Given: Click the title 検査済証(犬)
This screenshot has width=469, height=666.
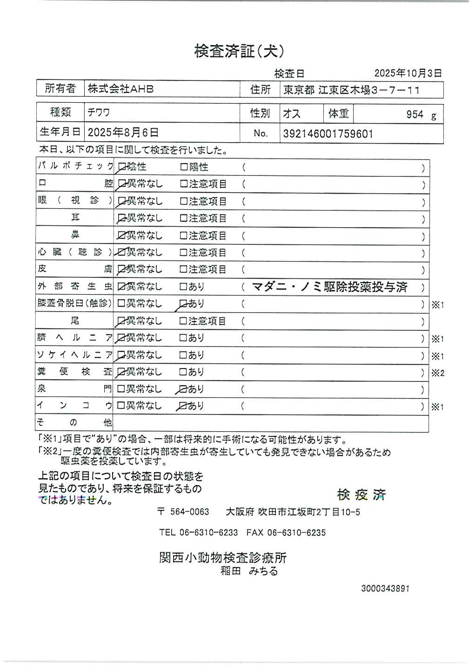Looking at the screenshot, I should [239, 51].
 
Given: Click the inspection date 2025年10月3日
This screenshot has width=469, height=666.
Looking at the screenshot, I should [408, 73].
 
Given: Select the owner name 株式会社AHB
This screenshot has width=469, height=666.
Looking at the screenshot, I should [121, 89].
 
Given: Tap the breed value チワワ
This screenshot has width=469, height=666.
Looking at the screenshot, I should [99, 113].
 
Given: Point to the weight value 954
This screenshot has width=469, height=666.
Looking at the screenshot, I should [415, 114].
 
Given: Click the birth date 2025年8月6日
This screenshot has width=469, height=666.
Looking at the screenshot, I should [123, 133].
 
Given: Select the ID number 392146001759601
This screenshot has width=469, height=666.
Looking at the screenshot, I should [328, 134].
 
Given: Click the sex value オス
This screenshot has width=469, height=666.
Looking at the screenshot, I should [292, 114].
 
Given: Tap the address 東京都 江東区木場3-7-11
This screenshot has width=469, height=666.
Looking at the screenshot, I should [352, 90].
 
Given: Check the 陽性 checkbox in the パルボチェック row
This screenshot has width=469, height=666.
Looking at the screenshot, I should [184, 167].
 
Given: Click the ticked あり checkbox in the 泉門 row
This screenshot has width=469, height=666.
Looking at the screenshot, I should [183, 389].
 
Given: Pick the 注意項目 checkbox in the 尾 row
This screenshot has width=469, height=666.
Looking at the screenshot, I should [184, 321].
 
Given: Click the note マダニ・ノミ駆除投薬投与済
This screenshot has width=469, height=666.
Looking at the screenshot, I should [329, 287].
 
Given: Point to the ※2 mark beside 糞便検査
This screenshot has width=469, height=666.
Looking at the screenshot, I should [437, 373].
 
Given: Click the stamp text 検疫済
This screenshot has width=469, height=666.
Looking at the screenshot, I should [361, 495].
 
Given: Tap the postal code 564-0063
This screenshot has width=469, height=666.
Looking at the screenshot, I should [189, 512].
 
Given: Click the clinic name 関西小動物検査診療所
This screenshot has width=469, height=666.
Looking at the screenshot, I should [223, 558].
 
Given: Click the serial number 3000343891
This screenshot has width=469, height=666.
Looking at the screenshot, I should [385, 588].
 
